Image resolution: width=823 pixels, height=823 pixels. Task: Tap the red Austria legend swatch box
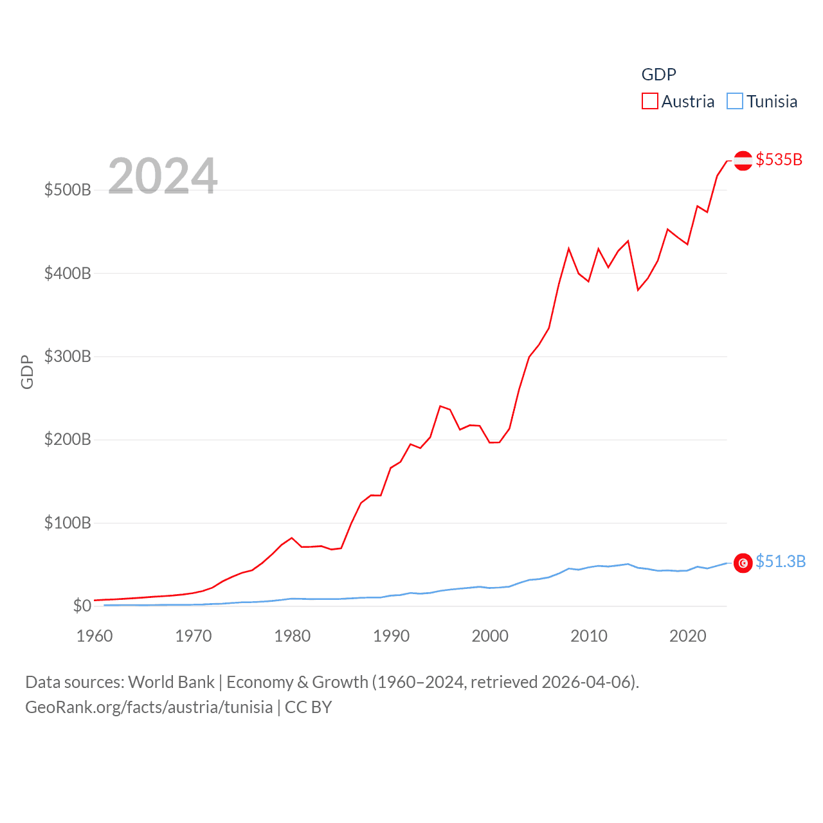(649, 102)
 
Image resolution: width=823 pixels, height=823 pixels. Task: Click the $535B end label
(779, 159)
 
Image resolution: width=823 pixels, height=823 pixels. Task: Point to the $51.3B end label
(780, 561)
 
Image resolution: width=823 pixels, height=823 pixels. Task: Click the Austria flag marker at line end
(743, 161)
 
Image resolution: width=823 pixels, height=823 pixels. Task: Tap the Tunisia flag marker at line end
(743, 563)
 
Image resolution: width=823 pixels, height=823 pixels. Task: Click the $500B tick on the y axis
(68, 190)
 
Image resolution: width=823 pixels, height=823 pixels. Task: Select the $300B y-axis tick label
(68, 356)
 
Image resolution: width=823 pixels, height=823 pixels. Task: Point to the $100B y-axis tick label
(68, 523)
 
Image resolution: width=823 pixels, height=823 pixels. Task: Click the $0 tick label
(82, 606)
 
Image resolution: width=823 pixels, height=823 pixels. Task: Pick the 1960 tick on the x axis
(95, 636)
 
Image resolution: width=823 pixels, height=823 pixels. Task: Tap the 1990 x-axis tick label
(391, 636)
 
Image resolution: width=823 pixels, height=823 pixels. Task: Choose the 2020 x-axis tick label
(687, 636)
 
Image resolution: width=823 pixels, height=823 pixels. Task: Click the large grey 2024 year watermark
(163, 176)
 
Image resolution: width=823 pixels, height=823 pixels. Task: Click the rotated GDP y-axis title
(27, 372)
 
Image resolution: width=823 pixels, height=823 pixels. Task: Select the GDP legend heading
(658, 75)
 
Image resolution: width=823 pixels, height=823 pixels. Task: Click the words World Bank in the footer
(171, 682)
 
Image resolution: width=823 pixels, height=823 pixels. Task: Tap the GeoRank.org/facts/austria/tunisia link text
(149, 707)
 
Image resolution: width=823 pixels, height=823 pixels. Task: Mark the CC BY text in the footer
(308, 707)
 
